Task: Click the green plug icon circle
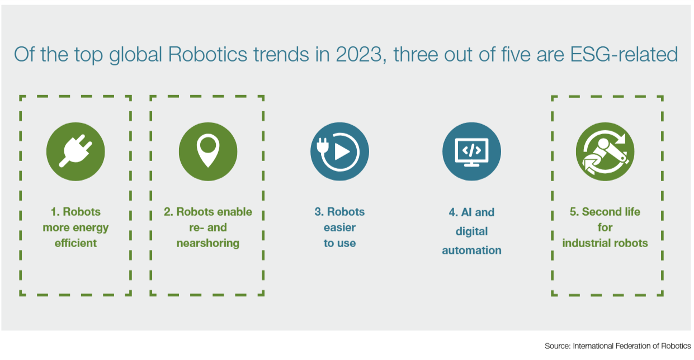point(75,151)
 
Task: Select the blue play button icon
point(339,151)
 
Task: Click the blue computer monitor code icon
point(471,151)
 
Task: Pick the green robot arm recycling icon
point(605,151)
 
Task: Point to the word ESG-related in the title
point(624,55)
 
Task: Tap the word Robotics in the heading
point(207,55)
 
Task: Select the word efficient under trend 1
point(75,243)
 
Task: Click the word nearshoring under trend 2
point(208,244)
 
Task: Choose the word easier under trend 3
point(339,228)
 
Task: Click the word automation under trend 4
point(471,250)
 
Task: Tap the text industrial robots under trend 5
point(605,243)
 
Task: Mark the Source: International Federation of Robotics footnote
point(617,346)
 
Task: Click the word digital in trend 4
point(471,232)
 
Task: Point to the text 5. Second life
point(605,212)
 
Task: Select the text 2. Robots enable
point(208,212)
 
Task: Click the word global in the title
point(135,55)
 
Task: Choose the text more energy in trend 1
point(75,228)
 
